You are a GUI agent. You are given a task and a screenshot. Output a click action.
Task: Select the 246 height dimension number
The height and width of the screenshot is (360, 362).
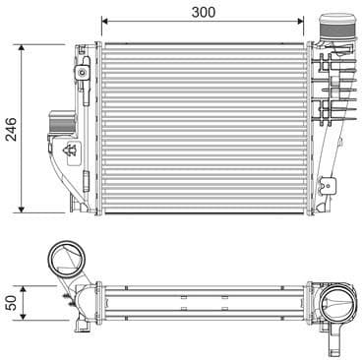click(11, 129)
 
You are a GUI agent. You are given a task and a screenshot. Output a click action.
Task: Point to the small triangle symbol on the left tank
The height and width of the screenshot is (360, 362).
click(72, 150)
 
